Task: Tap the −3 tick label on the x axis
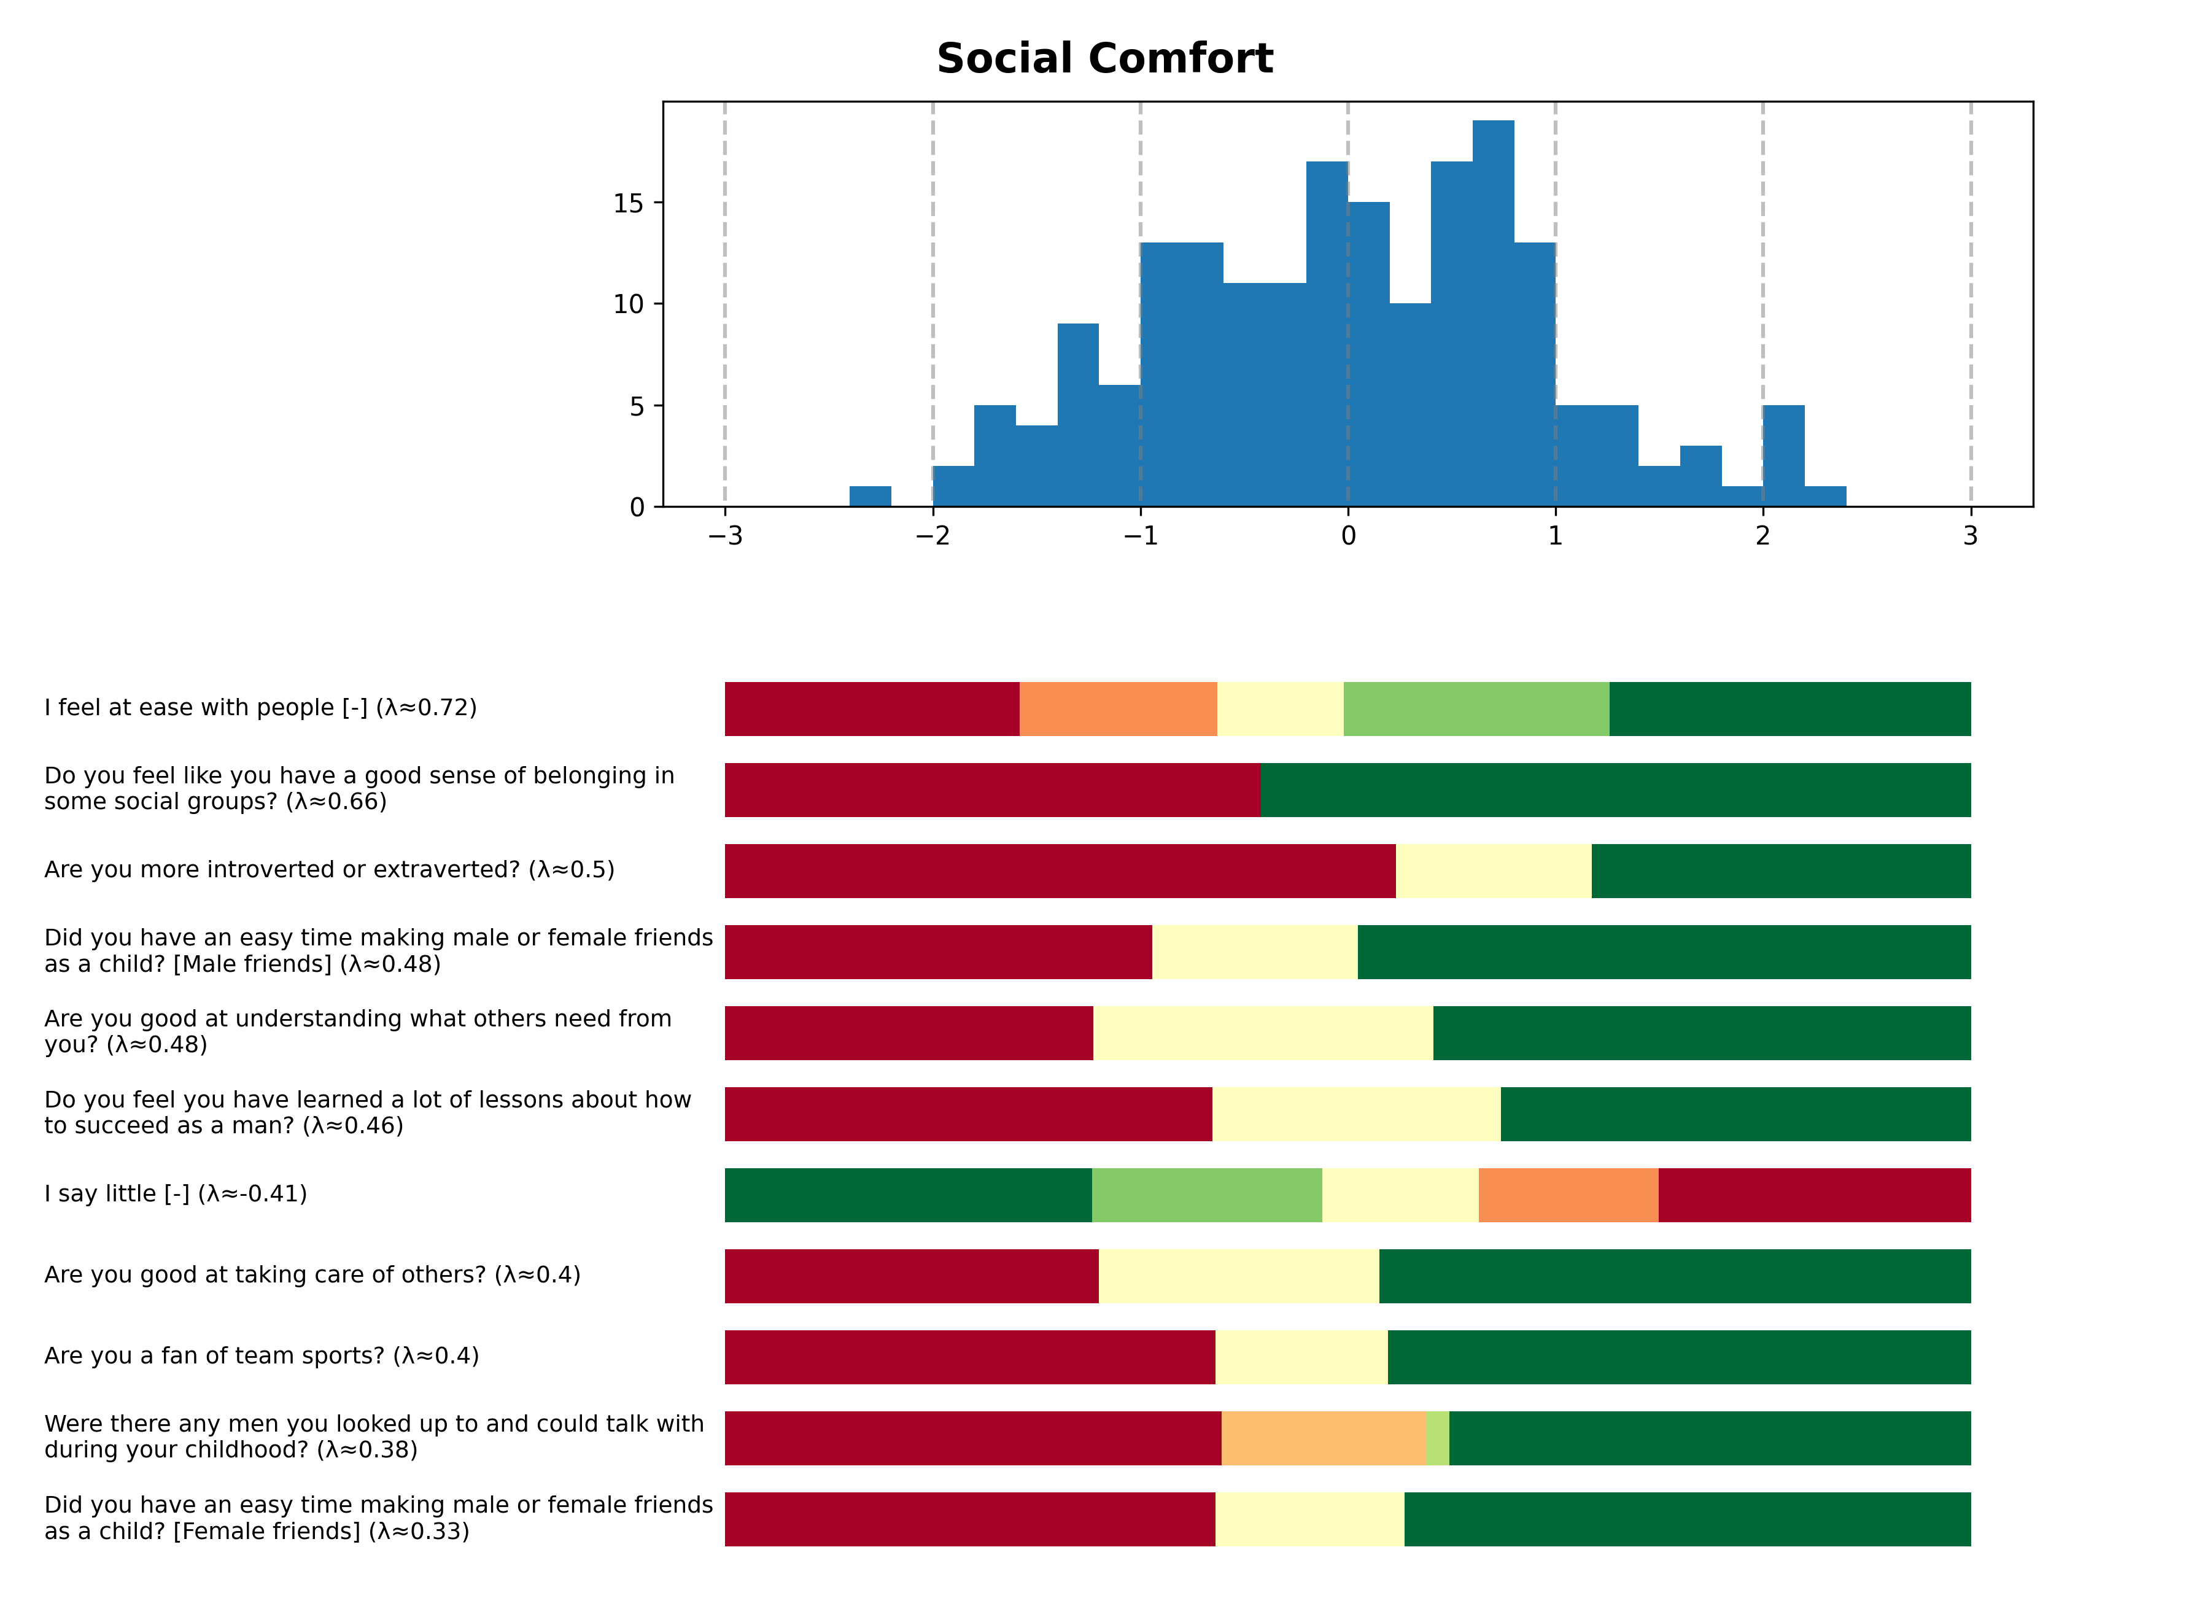click(x=725, y=536)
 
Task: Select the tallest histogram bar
click(x=1493, y=312)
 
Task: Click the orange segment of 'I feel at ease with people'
click(x=1118, y=708)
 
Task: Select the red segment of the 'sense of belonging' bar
click(x=992, y=789)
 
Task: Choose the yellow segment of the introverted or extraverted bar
click(x=1493, y=870)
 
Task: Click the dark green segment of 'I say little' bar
click(x=908, y=1195)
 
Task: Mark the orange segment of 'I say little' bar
click(x=1568, y=1195)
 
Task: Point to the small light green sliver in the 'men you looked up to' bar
click(x=1437, y=1438)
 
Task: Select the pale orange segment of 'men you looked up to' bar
click(x=1324, y=1438)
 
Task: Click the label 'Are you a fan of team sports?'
click(x=261, y=1355)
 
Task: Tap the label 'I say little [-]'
click(x=176, y=1194)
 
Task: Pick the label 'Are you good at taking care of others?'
click(x=312, y=1274)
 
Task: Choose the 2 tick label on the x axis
click(x=1762, y=536)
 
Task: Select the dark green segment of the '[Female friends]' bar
click(x=1687, y=1518)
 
